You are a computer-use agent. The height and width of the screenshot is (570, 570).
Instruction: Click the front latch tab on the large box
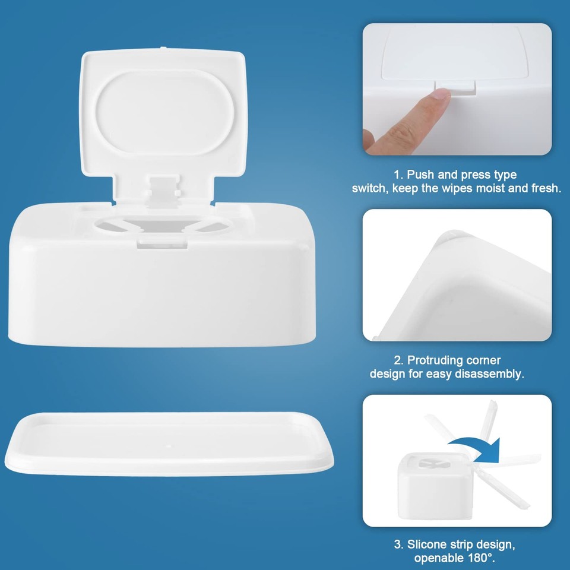pyautogui.click(x=162, y=242)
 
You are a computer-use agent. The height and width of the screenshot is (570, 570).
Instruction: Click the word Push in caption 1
pyautogui.click(x=420, y=175)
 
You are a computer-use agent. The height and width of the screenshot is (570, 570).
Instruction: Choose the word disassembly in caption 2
pyautogui.click(x=492, y=374)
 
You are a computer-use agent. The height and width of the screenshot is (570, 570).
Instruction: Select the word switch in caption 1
pyautogui.click(x=369, y=188)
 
